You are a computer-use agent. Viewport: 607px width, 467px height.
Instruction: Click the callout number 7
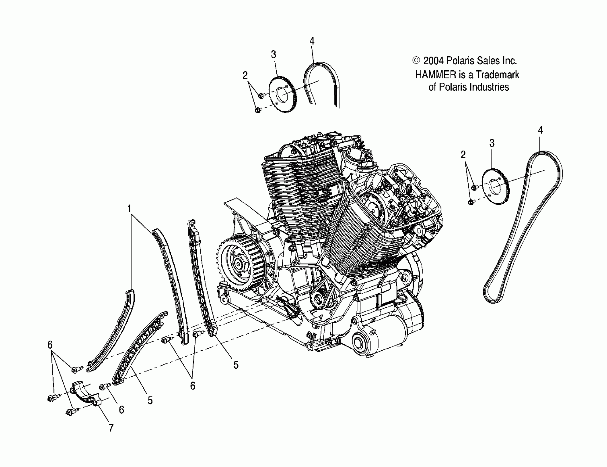(x=111, y=428)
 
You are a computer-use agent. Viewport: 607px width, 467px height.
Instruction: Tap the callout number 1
(x=129, y=209)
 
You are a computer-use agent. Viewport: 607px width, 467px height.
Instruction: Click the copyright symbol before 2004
(x=416, y=60)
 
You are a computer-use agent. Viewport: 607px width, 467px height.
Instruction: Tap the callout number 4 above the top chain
(x=312, y=41)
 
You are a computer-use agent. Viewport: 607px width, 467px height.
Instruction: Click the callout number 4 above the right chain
(x=540, y=130)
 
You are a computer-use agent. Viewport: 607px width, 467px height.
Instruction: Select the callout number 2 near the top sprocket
(x=245, y=75)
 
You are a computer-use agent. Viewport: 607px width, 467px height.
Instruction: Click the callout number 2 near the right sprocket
(x=463, y=155)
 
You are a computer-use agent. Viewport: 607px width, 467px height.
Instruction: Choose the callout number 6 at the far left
(x=50, y=345)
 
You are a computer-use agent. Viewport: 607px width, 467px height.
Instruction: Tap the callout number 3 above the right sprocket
(x=492, y=143)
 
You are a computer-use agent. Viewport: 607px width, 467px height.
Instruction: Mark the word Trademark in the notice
(x=497, y=75)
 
